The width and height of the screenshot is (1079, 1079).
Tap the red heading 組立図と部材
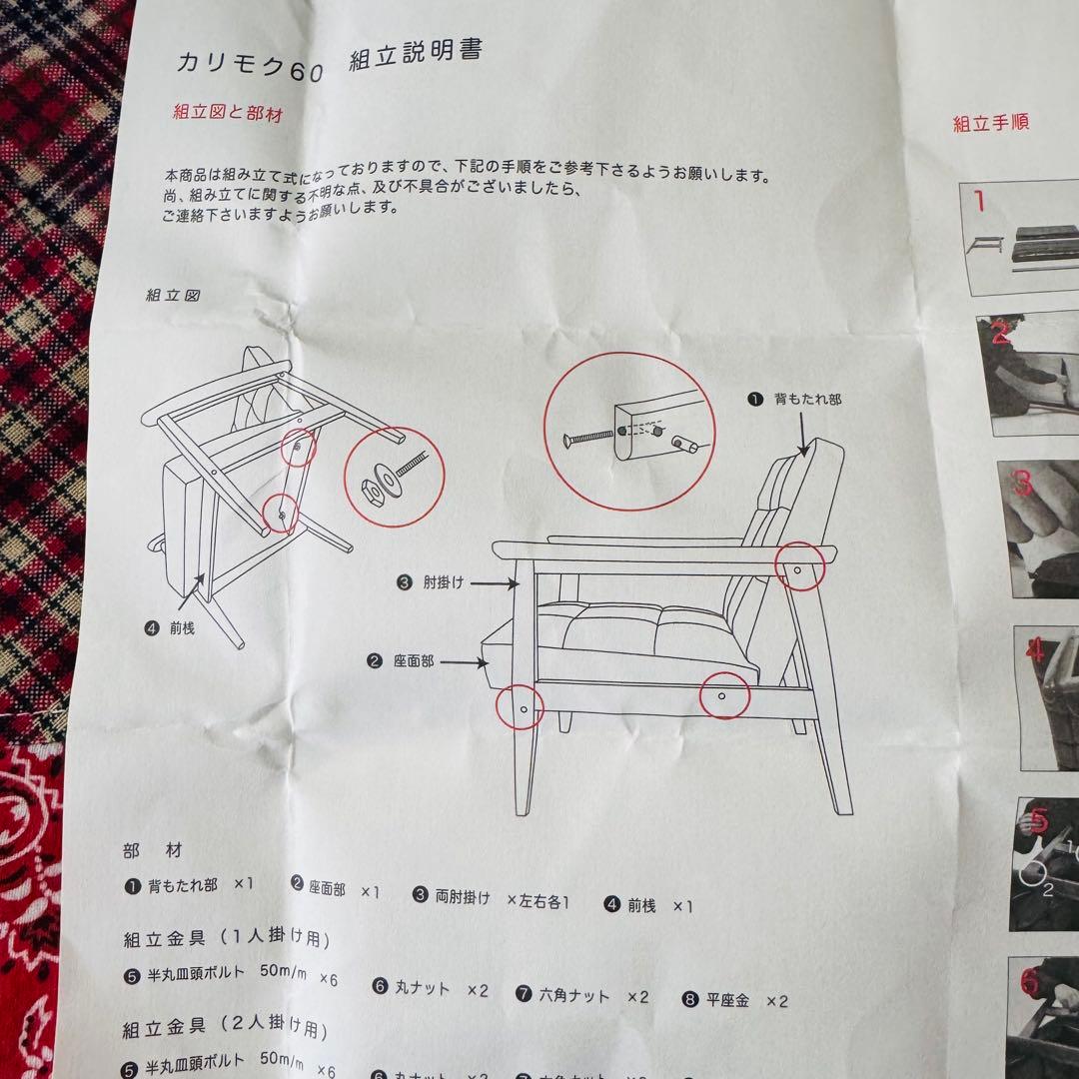pos(228,112)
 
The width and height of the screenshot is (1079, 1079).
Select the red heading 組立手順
pos(990,123)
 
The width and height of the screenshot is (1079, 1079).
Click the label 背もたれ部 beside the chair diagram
pos(807,399)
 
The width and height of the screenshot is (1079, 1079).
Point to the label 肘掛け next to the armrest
pos(444,582)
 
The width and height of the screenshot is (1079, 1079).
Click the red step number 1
pos(979,203)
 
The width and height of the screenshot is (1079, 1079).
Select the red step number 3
pos(1022,485)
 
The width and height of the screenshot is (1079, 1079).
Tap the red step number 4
pos(1035,651)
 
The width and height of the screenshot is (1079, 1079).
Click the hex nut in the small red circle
pos(368,489)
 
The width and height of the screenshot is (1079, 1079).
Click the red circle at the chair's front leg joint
pos(521,706)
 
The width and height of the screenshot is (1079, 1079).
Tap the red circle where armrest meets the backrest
pos(801,566)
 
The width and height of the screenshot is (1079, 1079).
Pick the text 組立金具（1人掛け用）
pos(227,938)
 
